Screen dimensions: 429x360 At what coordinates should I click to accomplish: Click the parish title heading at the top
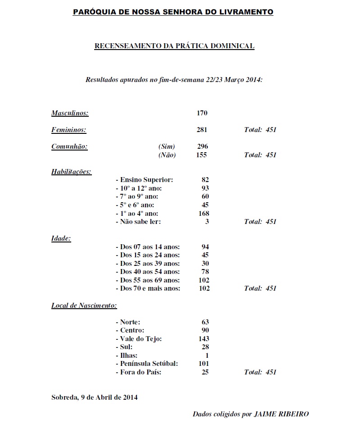[173, 12]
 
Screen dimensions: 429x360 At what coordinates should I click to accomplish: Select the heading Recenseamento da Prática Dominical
[174, 46]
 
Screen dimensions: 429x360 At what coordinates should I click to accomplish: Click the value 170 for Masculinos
[202, 113]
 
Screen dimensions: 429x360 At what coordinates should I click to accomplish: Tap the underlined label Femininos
[68, 130]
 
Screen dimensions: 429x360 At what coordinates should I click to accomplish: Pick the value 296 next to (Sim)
[203, 146]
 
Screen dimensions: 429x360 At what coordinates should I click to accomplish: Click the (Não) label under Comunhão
[167, 155]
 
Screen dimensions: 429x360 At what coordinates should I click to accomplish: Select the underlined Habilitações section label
[71, 172]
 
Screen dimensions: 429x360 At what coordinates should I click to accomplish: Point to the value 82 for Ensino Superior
[205, 180]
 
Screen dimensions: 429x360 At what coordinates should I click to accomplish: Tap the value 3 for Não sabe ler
[207, 222]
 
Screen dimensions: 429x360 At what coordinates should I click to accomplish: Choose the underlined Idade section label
[61, 238]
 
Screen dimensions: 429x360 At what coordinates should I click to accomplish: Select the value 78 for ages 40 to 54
[205, 272]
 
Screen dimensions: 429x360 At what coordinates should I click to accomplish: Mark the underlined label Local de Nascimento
[84, 306]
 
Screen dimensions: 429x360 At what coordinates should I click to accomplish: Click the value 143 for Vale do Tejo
[204, 339]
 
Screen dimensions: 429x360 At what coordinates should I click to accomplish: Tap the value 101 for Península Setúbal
[204, 364]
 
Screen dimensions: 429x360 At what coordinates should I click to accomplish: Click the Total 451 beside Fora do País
[260, 372]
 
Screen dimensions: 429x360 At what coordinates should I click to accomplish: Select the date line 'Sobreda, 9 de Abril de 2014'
[95, 397]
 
